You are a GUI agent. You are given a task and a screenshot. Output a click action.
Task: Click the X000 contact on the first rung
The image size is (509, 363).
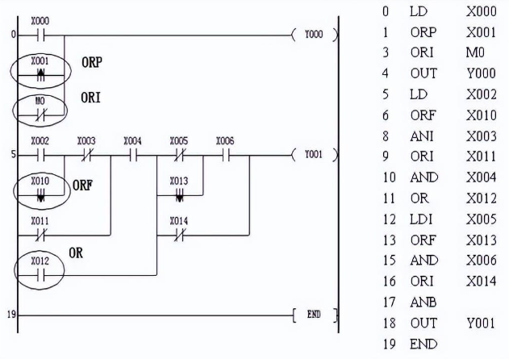40,35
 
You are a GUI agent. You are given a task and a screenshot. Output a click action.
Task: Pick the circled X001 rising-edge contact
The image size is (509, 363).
40,71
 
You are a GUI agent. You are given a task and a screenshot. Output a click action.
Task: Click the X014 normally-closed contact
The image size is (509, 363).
179,232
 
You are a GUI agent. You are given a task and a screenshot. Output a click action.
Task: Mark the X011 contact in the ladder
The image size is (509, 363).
40,231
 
